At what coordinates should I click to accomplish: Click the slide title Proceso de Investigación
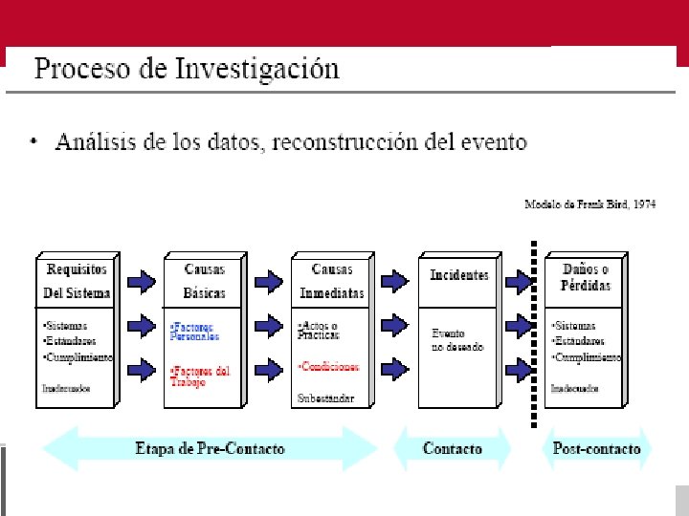[x=187, y=70]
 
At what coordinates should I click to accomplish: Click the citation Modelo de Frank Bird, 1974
[x=589, y=204]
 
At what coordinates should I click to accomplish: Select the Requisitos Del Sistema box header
[x=77, y=280]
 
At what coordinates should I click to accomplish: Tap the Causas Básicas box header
[x=204, y=280]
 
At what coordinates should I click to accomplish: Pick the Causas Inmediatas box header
[x=331, y=280]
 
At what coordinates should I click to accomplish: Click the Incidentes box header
[x=458, y=275]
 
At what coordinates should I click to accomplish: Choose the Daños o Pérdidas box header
[x=586, y=277]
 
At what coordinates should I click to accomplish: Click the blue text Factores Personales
[x=195, y=332]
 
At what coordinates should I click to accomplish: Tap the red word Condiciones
[x=329, y=366]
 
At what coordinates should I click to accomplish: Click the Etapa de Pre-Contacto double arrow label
[x=210, y=449]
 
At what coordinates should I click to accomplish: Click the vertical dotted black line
[x=533, y=334]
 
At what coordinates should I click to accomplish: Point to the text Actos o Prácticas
[x=320, y=331]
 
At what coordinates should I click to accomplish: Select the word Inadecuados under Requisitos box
[x=66, y=388]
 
